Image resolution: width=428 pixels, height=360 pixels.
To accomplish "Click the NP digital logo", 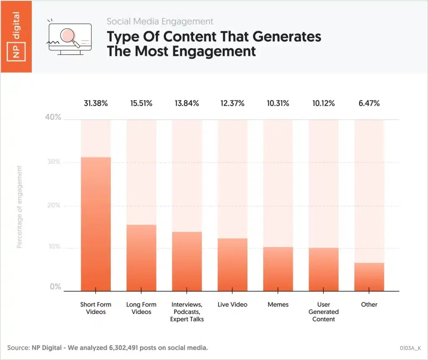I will [16, 36].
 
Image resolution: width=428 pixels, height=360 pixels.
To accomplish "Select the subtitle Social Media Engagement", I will [160, 21].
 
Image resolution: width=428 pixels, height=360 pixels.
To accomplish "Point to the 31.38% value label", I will [96, 103].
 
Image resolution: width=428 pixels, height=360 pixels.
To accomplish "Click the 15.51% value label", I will [141, 103].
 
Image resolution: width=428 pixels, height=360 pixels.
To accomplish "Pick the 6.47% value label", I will [369, 103].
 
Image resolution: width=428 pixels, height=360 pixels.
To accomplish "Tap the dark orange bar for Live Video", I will [232, 265].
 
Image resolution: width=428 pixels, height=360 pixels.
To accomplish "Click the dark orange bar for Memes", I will [278, 269].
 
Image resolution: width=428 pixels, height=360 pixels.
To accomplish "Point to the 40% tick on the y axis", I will [53, 117].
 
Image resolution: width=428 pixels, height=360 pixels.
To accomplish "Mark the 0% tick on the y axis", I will [56, 287].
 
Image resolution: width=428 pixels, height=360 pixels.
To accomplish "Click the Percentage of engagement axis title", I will [19, 207].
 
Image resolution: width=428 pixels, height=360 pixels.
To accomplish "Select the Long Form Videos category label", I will [141, 308].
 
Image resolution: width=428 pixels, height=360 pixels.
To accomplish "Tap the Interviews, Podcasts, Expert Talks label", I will [187, 312].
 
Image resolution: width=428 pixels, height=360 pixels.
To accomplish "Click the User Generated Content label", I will [324, 312].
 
